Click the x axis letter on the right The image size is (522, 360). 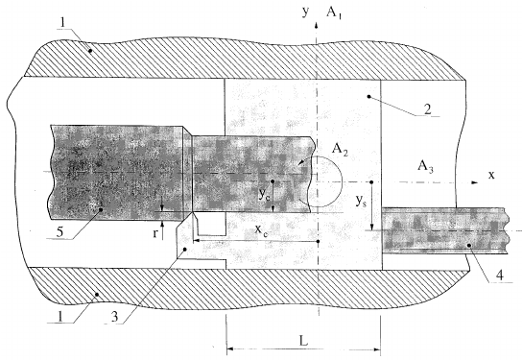(489, 176)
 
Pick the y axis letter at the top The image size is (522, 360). (303, 12)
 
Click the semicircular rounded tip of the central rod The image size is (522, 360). (323, 180)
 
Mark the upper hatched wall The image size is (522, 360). (240, 58)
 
